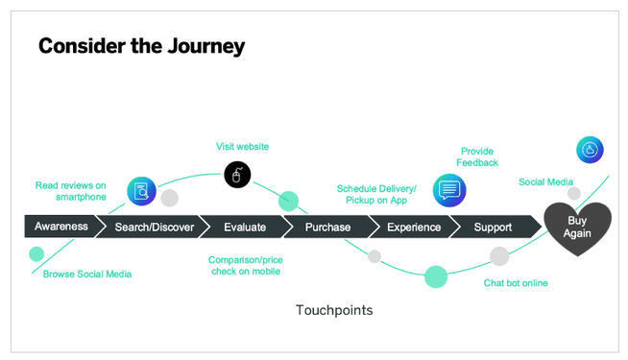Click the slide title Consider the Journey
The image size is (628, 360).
point(141,45)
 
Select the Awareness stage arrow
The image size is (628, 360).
point(61,227)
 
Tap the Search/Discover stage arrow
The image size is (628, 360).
point(154,227)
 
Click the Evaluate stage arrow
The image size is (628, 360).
point(244,227)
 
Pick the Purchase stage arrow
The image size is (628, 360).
point(327,227)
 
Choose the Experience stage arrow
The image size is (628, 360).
point(413,227)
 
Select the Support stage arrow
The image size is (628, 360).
point(493,227)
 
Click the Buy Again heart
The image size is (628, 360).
point(577,228)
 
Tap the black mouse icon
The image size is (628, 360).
point(237,175)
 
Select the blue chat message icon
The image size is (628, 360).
point(448,189)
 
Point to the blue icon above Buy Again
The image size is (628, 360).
point(590,150)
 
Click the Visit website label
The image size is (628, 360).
point(242,147)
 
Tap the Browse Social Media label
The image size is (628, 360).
point(87,274)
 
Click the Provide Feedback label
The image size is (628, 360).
point(479,156)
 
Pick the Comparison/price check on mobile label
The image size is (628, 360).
point(246,265)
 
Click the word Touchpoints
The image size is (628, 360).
point(333,310)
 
